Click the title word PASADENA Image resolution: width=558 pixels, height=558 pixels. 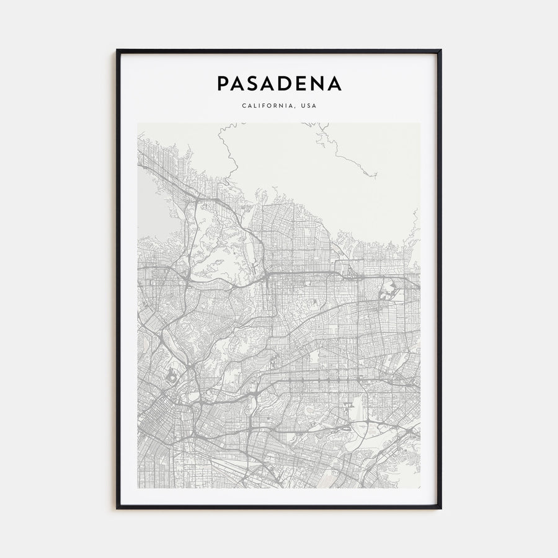pos(279,84)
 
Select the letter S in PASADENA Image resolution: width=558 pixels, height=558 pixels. pos(255,84)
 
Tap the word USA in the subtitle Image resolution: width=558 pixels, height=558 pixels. pos(308,105)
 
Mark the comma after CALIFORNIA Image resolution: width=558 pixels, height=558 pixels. pos(296,107)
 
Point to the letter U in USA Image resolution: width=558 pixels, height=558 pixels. pos(303,105)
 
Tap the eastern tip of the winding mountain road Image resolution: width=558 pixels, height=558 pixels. pos(375,177)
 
